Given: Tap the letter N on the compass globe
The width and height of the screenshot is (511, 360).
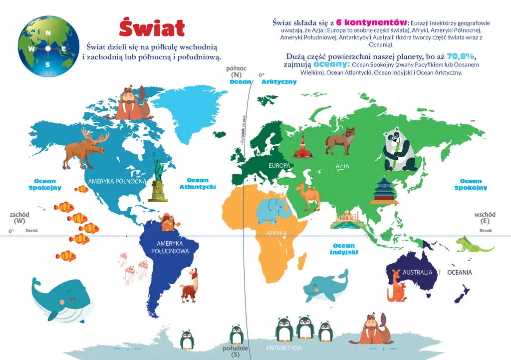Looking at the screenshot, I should point(48,33).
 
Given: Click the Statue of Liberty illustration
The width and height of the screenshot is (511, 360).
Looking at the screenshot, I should point(158,178).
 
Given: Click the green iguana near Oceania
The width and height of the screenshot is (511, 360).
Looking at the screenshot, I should point(473,244).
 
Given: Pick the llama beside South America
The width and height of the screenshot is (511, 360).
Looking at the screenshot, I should point(189,286).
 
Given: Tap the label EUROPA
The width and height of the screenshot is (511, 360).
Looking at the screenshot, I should point(279,165).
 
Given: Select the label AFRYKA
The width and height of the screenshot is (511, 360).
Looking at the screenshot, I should point(276,233).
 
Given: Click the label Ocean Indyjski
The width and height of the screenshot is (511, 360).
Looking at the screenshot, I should point(344,249).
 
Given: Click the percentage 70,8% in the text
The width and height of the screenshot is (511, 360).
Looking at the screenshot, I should point(461,56).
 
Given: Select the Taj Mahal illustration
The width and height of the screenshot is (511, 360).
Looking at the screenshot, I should point(346,220).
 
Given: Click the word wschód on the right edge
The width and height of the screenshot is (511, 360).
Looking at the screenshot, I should point(485,214).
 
